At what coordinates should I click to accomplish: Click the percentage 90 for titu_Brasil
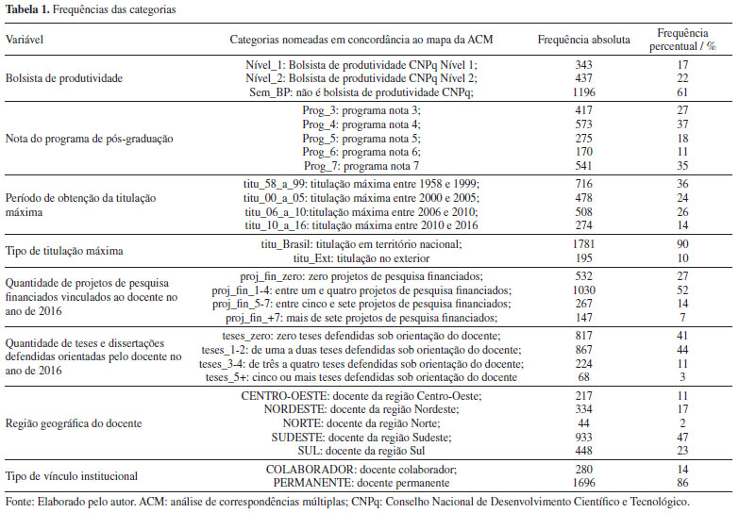click(x=682, y=243)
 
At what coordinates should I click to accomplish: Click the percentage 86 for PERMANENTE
click(x=682, y=482)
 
